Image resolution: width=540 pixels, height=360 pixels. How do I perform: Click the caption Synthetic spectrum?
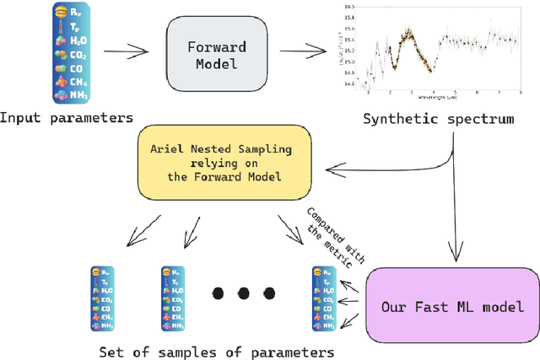pyautogui.click(x=438, y=119)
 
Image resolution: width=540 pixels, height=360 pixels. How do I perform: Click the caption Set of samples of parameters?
pyautogui.click(x=216, y=352)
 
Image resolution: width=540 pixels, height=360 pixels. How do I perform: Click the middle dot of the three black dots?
pyautogui.click(x=244, y=293)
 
